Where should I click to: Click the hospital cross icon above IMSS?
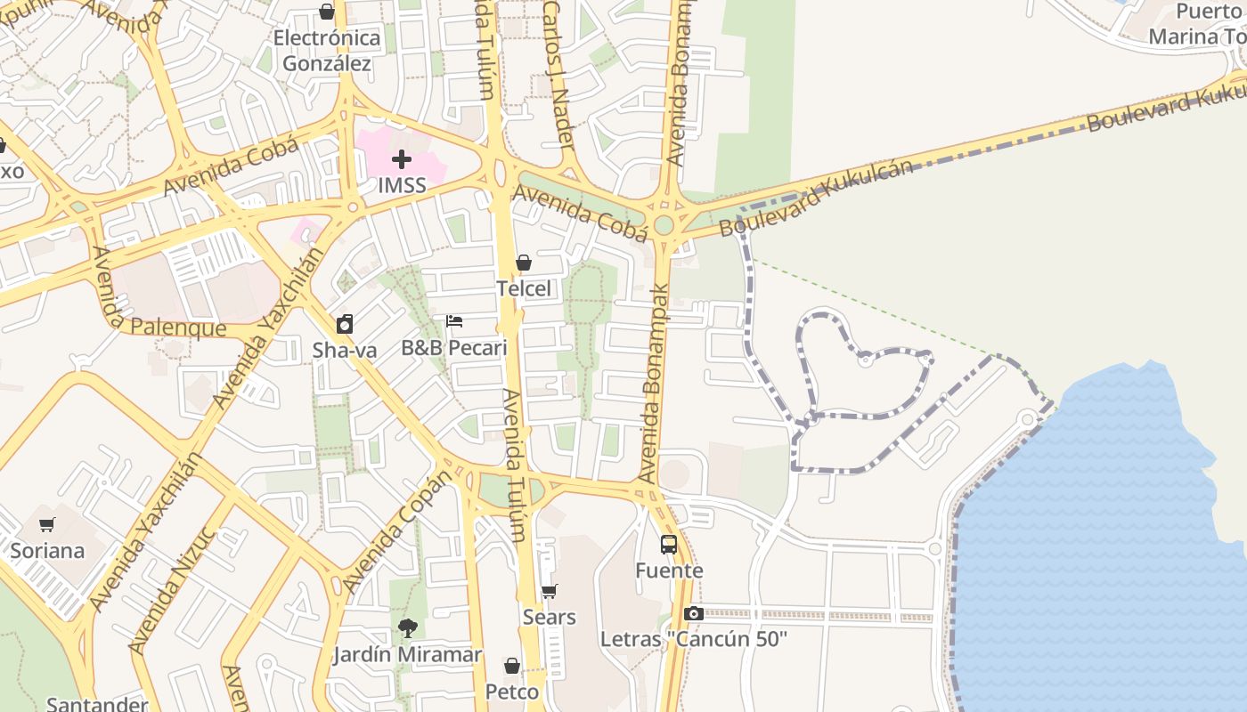point(402,160)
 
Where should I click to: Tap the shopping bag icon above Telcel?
point(524,263)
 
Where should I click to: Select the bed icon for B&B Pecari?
point(454,321)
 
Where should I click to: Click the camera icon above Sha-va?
point(345,324)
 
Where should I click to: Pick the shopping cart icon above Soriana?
point(47,524)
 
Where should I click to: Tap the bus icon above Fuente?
point(669,545)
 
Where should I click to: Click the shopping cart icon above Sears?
point(550,592)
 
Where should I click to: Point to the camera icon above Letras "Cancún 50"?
point(694,613)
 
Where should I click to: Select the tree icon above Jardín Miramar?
point(408,628)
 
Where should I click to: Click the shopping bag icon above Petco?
point(512,666)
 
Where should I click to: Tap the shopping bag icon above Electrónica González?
point(327,12)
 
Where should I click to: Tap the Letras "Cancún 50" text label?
point(694,639)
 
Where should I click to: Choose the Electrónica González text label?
point(327,51)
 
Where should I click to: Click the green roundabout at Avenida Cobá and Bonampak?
point(664,225)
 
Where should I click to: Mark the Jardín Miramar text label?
point(408,655)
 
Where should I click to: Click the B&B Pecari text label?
point(454,348)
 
